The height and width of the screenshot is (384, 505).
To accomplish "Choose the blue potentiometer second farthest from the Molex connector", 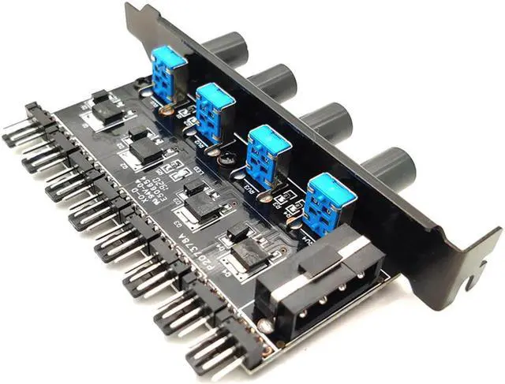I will (214, 110).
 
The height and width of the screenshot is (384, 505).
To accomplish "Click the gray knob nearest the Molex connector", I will (387, 166).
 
